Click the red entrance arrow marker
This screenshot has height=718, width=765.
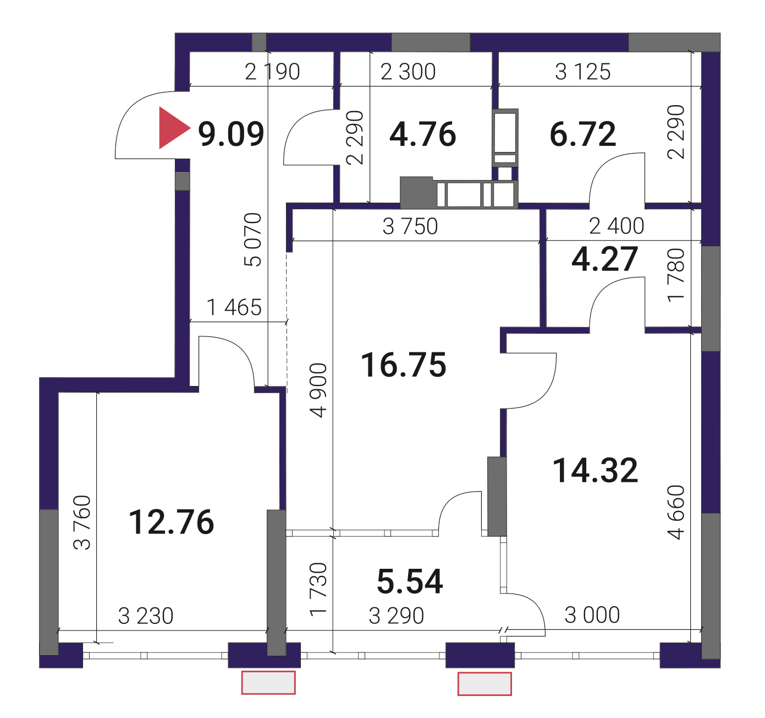click(x=172, y=128)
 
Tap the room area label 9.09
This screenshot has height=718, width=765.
click(x=231, y=134)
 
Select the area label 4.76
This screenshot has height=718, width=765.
click(x=423, y=134)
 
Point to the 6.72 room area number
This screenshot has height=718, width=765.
click(x=583, y=134)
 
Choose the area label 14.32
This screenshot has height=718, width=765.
click(x=596, y=471)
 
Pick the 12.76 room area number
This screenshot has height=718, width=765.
click(x=171, y=523)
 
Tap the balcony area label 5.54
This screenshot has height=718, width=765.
click(x=410, y=582)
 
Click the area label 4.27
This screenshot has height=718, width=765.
click(x=605, y=259)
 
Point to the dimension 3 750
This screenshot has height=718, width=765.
click(x=410, y=226)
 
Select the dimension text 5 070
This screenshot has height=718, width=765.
click(x=253, y=240)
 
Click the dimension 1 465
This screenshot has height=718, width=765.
click(x=234, y=307)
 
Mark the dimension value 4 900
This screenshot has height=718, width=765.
click(x=318, y=390)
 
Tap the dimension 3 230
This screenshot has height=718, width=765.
click(x=146, y=616)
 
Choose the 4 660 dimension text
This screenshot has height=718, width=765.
click(x=676, y=513)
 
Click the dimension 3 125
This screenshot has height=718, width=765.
click(x=583, y=72)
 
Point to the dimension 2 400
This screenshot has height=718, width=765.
click(x=617, y=226)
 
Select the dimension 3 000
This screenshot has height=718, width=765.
click(x=592, y=616)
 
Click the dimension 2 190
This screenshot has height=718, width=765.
click(x=272, y=72)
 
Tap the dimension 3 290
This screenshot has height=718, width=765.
click(x=397, y=616)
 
